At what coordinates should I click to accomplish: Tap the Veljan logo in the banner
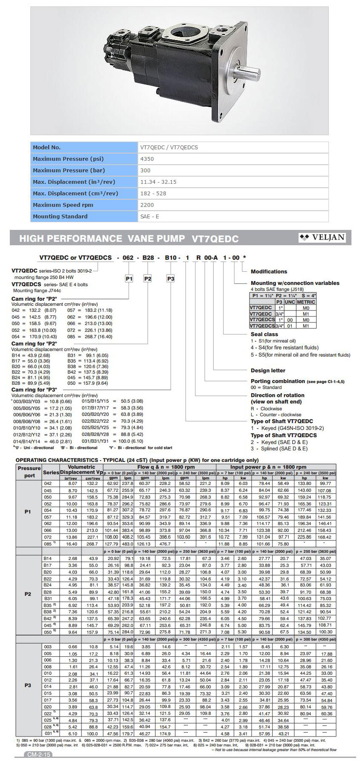tap(322, 238)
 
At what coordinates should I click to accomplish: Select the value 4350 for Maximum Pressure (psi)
tap(147, 159)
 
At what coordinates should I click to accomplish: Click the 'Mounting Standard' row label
tap(60, 217)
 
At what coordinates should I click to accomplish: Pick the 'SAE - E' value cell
tap(150, 217)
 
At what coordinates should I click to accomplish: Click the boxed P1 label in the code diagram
tap(129, 279)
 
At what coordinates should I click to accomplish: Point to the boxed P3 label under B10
tap(170, 279)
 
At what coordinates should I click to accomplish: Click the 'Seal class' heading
tap(264, 334)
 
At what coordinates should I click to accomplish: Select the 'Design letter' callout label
tap(268, 371)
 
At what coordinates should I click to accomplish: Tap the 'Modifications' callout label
tap(269, 272)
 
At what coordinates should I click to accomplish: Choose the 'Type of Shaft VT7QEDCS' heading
tap(284, 435)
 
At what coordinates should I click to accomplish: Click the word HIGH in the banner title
tap(34, 239)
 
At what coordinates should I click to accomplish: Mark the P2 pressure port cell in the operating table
tap(28, 594)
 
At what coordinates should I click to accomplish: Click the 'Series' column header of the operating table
tap(51, 473)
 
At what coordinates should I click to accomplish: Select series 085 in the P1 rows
tap(47, 544)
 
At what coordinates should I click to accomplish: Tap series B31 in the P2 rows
tap(47, 598)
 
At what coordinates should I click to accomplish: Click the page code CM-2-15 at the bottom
tap(39, 754)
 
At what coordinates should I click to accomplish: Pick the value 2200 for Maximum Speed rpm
tap(147, 205)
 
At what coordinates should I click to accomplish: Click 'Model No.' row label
tap(46, 148)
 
